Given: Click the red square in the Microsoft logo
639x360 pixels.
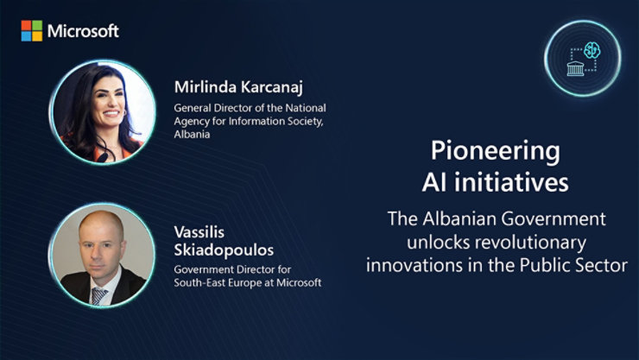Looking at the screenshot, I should [26, 26].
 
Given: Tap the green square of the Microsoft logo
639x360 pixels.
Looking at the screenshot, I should [36, 26].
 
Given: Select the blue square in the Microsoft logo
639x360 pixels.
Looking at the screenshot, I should [26, 36].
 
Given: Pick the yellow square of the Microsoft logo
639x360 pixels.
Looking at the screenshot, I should [36, 36].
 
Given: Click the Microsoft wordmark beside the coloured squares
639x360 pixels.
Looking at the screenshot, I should [83, 31].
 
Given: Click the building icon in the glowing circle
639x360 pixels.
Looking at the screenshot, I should [575, 66].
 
